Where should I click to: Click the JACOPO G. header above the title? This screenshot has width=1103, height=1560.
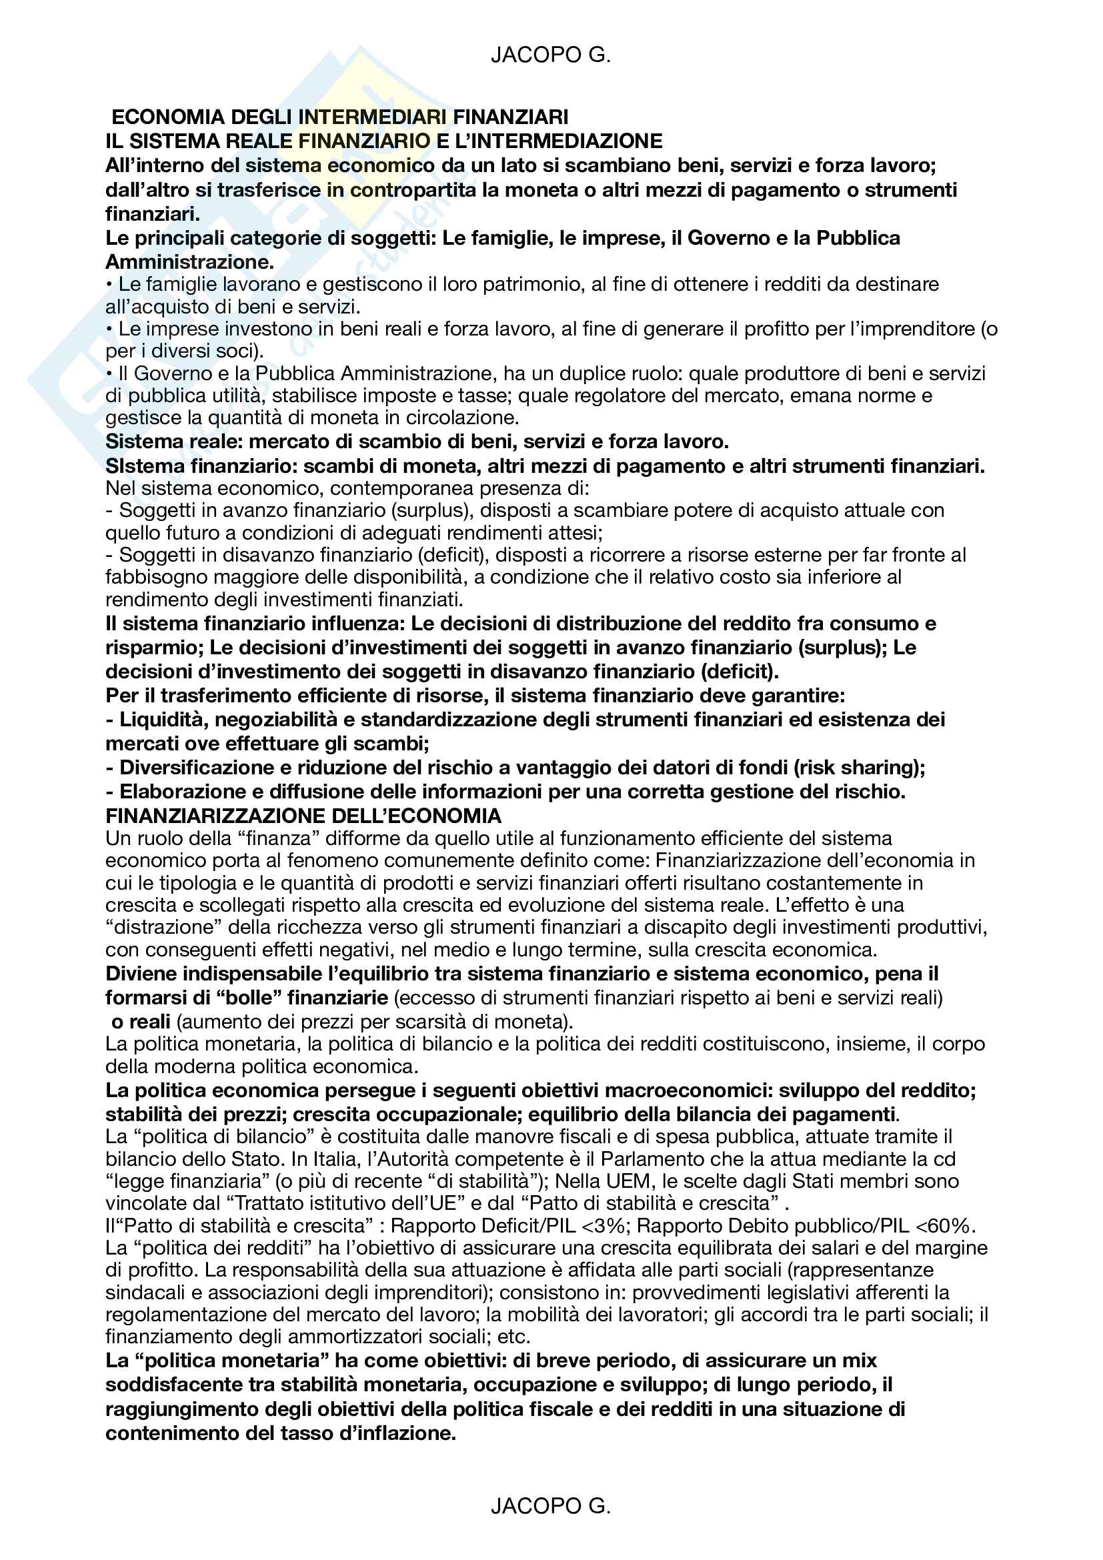tap(551, 55)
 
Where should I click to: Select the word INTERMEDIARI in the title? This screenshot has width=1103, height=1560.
tap(373, 117)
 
